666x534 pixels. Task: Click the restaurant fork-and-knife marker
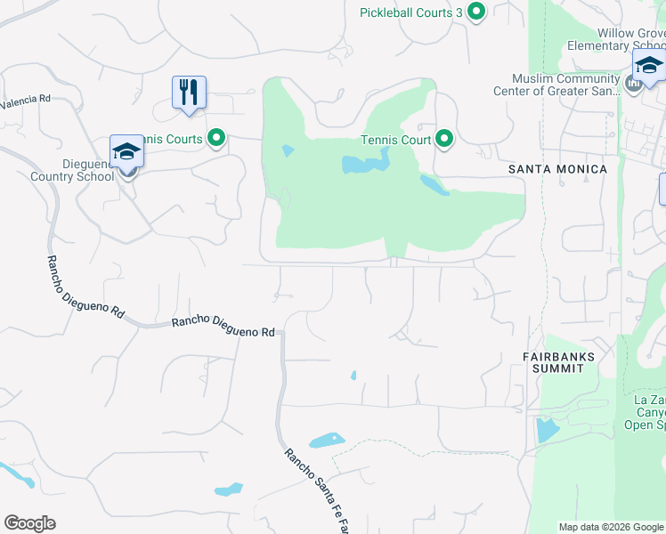pos(189,91)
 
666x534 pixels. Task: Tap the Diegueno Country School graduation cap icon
pos(126,152)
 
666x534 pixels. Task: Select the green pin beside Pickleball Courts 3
pos(476,12)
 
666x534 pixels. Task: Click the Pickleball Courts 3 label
pos(410,12)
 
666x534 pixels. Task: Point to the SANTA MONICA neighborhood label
pos(557,169)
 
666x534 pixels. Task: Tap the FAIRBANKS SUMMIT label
pos(558,362)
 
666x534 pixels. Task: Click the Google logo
pos(29,523)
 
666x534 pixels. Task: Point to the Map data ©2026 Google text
pos(611,527)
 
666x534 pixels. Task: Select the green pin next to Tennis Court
pos(444,139)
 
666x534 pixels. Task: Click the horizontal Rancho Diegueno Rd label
pos(223,325)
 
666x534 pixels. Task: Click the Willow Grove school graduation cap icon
pos(648,66)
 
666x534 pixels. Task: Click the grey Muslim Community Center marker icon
pos(634,85)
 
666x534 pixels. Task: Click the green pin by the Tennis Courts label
pos(215,138)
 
